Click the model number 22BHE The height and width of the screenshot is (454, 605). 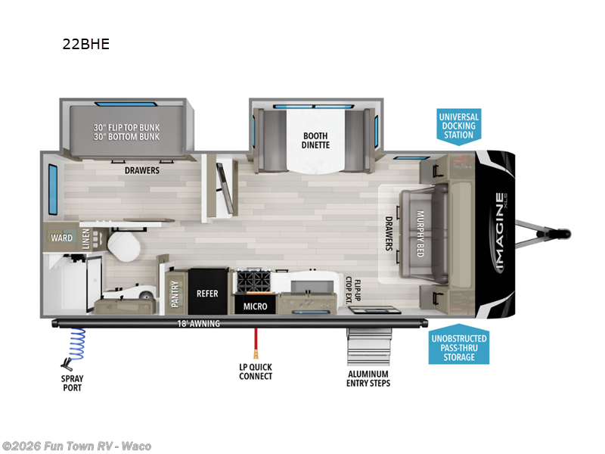[x=86, y=44]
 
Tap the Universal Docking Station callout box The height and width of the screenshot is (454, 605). [x=459, y=126]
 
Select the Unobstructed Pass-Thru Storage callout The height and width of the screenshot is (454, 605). [x=458, y=347]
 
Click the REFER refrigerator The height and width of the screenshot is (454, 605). [x=207, y=293]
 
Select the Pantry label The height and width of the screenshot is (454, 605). [x=175, y=293]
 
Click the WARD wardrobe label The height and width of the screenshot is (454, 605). [x=62, y=238]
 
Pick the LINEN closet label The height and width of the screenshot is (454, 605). [x=85, y=238]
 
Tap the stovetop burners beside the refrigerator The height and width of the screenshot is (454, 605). [x=254, y=282]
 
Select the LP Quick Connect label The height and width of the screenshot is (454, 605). [x=256, y=372]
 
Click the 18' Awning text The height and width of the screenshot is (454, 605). [x=199, y=324]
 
